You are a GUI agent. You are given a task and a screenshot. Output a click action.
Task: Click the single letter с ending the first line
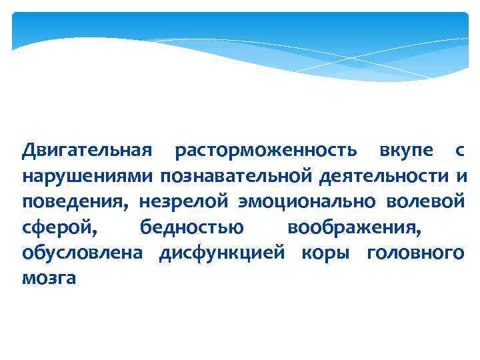click(x=459, y=152)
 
